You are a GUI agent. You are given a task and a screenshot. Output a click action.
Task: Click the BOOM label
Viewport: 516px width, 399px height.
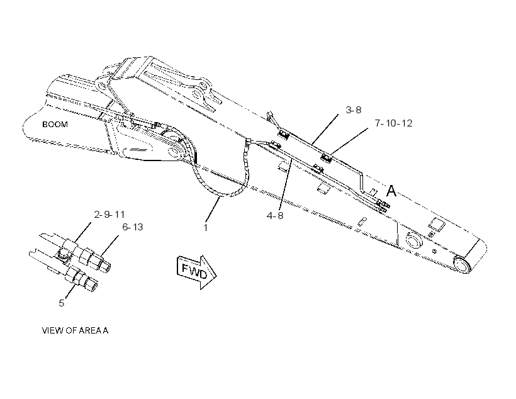(x=55, y=125)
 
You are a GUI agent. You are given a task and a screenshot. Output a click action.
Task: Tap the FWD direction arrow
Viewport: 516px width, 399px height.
(x=196, y=272)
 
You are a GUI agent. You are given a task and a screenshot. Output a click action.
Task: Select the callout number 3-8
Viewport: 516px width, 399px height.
(x=354, y=110)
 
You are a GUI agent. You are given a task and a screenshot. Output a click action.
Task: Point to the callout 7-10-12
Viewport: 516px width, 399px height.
(x=393, y=123)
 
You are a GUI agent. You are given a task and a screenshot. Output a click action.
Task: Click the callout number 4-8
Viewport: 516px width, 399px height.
(x=275, y=216)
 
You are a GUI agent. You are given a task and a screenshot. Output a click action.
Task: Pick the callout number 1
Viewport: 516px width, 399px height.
(x=206, y=228)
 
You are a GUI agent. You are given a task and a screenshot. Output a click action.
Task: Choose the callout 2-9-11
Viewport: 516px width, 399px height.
(x=109, y=215)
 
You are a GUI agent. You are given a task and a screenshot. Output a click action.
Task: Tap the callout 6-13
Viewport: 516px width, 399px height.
(x=133, y=227)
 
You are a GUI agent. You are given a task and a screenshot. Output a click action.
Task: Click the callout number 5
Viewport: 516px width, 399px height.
(x=62, y=303)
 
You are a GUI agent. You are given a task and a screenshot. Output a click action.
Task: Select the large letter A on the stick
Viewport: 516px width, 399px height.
(x=391, y=191)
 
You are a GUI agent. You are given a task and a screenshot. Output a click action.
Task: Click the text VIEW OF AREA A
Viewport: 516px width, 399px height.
(x=75, y=330)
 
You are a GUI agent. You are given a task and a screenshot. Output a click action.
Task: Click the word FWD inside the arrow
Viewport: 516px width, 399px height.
(x=194, y=271)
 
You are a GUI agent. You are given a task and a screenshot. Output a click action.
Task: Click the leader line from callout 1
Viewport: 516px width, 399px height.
(x=213, y=209)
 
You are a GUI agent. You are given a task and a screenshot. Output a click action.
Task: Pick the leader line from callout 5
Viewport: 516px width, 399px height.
(x=69, y=288)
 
